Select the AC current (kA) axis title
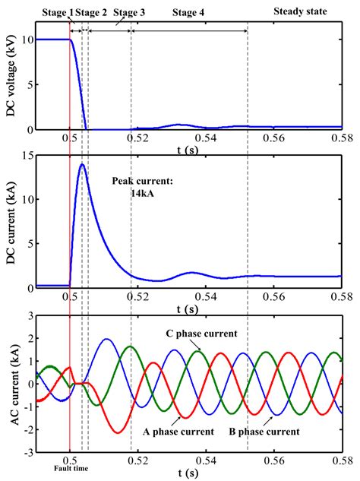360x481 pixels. (x=10, y=381)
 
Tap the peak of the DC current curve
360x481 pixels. (x=81, y=164)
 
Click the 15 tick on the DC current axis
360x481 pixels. (x=27, y=156)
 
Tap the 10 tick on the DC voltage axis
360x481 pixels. (x=27, y=39)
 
